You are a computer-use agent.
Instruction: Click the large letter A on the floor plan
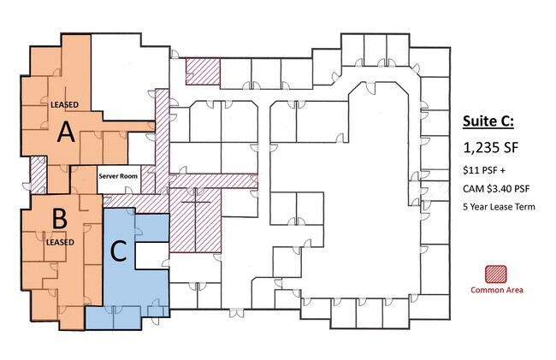pyautogui.click(x=67, y=132)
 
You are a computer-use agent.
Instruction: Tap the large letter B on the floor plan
pyautogui.click(x=60, y=219)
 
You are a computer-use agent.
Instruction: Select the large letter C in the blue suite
pyautogui.click(x=118, y=251)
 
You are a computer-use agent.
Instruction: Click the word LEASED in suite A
pyautogui.click(x=64, y=105)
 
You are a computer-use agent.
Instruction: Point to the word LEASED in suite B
pyautogui.click(x=60, y=242)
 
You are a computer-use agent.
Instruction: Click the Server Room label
pyautogui.click(x=118, y=176)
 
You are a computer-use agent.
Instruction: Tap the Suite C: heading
pyautogui.click(x=488, y=121)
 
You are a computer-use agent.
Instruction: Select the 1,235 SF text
pyautogui.click(x=491, y=148)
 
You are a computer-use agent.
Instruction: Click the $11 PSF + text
pyautogui.click(x=484, y=170)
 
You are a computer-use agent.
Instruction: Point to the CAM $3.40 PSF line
pyautogui.click(x=496, y=188)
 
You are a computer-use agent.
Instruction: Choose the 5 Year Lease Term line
pyautogui.click(x=499, y=207)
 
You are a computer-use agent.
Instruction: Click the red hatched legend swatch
pyautogui.click(x=496, y=274)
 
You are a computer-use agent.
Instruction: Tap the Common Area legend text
pyautogui.click(x=497, y=290)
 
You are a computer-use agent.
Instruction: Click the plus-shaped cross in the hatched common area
pyautogui.click(x=195, y=202)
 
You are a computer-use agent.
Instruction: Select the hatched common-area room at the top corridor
pyautogui.click(x=204, y=72)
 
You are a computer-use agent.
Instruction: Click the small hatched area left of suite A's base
pyautogui.click(x=38, y=174)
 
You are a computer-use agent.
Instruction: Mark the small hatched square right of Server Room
pyautogui.click(x=148, y=180)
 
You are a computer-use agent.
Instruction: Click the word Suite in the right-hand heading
pyautogui.click(x=479, y=121)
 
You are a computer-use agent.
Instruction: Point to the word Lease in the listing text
pyautogui.click(x=503, y=207)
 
